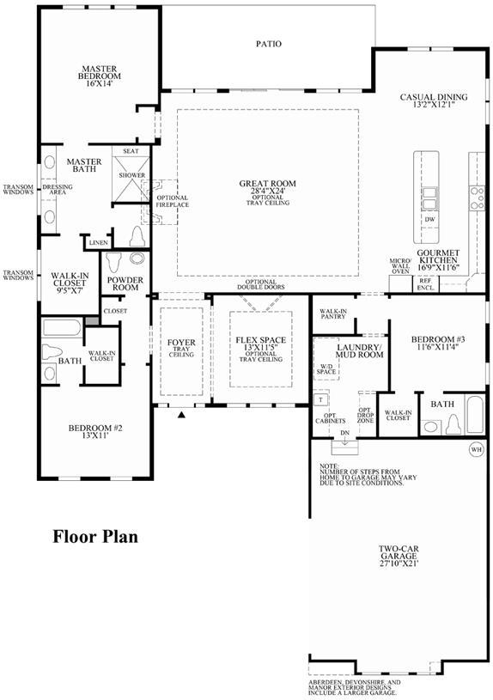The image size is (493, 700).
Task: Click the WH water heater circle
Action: pyautogui.click(x=477, y=449)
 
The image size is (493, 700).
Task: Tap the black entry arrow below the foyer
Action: pyautogui.click(x=181, y=415)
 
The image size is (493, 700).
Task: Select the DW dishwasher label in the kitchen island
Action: pyautogui.click(x=429, y=220)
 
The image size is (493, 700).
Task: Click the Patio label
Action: pyautogui.click(x=269, y=44)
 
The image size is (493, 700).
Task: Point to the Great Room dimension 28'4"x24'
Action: pyautogui.click(x=267, y=191)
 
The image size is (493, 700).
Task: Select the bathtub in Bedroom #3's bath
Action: pyautogui.click(x=474, y=415)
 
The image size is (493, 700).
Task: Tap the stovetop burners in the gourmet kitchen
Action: pyautogui.click(x=477, y=198)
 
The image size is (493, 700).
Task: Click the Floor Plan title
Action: pyautogui.click(x=95, y=536)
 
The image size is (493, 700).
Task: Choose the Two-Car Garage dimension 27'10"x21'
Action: pyautogui.click(x=399, y=563)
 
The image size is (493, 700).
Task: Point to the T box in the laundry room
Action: pyautogui.click(x=320, y=399)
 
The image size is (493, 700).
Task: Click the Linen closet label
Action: pyautogui.click(x=98, y=243)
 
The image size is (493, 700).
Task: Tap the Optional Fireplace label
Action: pyautogui.click(x=173, y=201)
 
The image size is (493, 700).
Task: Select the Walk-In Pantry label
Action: pyautogui.click(x=333, y=313)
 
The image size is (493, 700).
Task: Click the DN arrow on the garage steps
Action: pyautogui.click(x=344, y=439)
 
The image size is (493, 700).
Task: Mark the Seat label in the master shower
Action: pyautogui.click(x=131, y=151)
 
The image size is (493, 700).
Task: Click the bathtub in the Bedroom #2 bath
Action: pyautogui.click(x=62, y=328)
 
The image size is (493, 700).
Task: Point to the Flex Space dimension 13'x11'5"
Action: pyautogui.click(x=261, y=347)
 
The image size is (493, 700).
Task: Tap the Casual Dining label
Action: pyautogui.click(x=434, y=97)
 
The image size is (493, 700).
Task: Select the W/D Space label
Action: pyautogui.click(x=326, y=368)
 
